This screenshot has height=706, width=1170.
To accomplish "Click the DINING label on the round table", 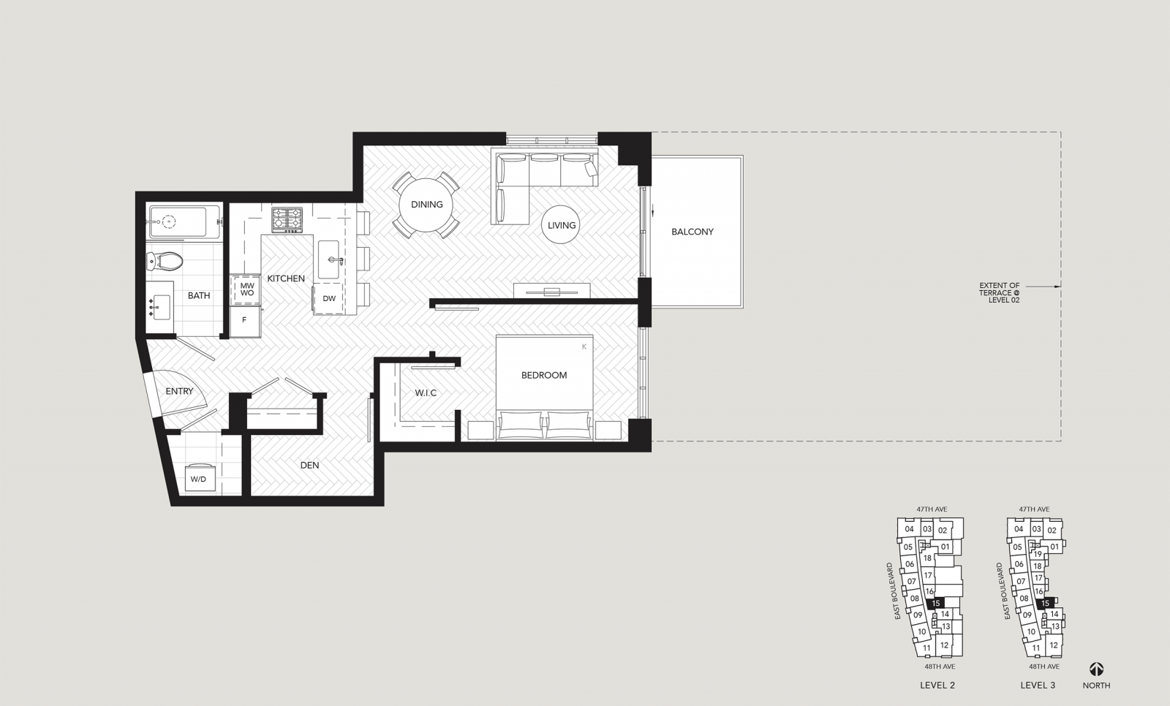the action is [x=427, y=205].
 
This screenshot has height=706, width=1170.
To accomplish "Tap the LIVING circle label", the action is [x=562, y=226].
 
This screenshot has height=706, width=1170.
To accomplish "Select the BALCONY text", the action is [x=692, y=232].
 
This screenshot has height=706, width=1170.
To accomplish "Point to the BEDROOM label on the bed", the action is [x=544, y=376].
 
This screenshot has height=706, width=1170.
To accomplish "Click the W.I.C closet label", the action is [x=426, y=393].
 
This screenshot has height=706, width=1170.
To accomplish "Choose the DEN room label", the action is [x=310, y=466].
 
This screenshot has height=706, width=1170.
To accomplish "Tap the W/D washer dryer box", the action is [x=200, y=478].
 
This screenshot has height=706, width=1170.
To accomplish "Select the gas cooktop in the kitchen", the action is [x=287, y=220].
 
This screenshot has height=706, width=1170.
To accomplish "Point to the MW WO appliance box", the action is [x=246, y=289].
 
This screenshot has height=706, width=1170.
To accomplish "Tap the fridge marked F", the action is [x=244, y=320].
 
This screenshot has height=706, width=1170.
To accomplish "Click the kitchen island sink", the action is [x=330, y=259].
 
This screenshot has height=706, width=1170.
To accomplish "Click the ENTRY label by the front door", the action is [x=179, y=392].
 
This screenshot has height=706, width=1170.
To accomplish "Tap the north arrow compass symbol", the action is [x=1096, y=669].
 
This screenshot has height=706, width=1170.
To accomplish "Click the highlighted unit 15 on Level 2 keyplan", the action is [x=935, y=603].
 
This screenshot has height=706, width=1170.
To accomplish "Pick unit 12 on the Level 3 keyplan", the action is [x=1054, y=645].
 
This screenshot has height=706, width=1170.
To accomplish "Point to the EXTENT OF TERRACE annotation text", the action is [x=999, y=293].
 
